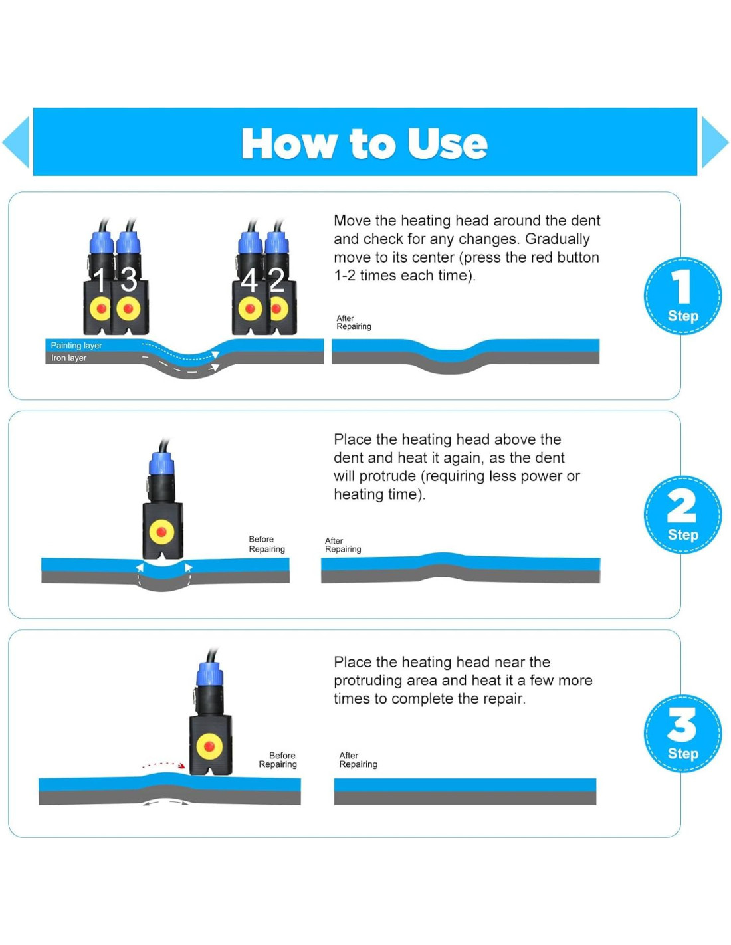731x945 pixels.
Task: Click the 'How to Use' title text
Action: [364, 144]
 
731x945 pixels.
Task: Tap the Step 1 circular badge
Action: [682, 296]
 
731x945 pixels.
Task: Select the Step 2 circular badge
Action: [682, 515]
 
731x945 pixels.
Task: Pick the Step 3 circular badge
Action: [682, 734]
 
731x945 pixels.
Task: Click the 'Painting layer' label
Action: [76, 346]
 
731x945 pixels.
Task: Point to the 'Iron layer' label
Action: [68, 358]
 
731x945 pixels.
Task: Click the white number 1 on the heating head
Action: [100, 280]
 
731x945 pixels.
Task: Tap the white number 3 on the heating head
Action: [128, 280]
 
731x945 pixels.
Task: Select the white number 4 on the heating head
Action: [249, 280]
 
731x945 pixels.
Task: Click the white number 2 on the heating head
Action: [276, 280]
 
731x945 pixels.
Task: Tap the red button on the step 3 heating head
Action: [209, 747]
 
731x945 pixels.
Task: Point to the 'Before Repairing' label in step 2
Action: [266, 544]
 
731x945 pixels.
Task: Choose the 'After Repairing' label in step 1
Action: [354, 322]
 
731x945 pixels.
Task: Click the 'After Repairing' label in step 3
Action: [358, 760]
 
